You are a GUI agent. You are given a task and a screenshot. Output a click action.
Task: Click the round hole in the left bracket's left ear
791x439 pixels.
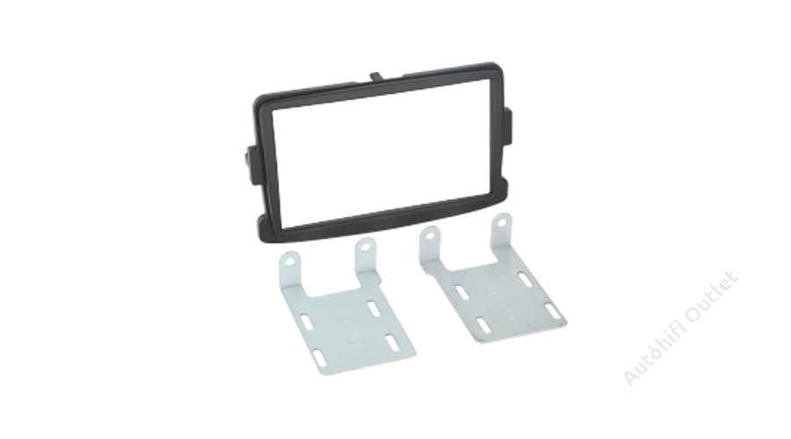[290, 262]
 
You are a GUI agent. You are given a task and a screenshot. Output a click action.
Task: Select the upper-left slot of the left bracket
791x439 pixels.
[306, 322]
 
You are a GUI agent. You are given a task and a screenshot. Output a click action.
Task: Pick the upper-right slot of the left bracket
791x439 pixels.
[374, 308]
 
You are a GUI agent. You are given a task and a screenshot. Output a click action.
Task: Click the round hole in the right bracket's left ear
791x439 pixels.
[431, 235]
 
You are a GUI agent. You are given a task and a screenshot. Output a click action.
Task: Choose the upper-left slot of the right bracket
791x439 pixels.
[461, 292]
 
